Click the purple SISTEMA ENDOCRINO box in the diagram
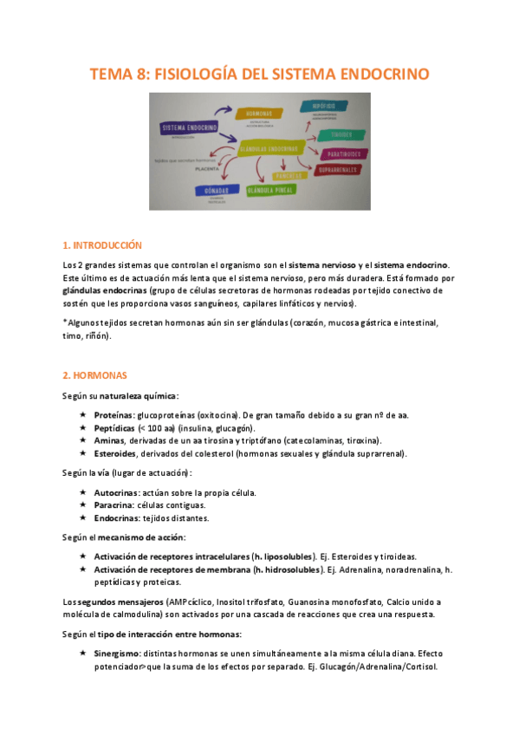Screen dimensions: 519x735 pos(187,128)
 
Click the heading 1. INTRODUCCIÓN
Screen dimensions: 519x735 pos(102,245)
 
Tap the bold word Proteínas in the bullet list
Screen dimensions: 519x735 pos(114,415)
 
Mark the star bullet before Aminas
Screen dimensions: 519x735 pos(82,440)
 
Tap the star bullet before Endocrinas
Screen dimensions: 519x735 pos(82,517)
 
